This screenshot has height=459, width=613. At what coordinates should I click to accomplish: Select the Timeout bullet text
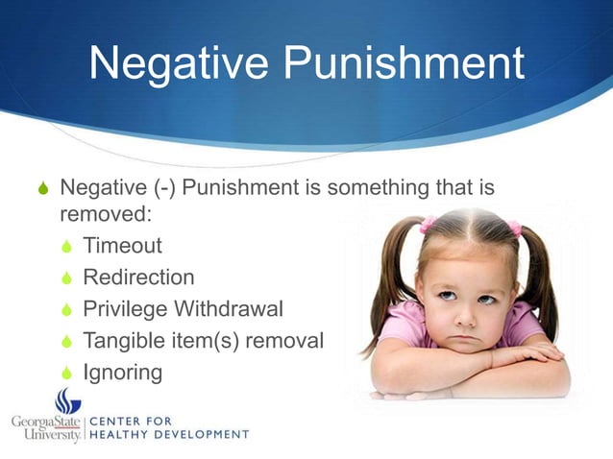tap(122, 246)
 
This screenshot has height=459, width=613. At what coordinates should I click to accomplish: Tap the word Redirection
tap(138, 278)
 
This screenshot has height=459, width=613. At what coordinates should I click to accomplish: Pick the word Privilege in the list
tap(124, 309)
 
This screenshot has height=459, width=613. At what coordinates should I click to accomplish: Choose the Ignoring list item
tap(122, 373)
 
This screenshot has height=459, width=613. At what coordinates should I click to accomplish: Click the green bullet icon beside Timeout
tap(66, 247)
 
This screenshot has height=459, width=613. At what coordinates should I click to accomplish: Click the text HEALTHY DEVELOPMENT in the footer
tap(169, 434)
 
